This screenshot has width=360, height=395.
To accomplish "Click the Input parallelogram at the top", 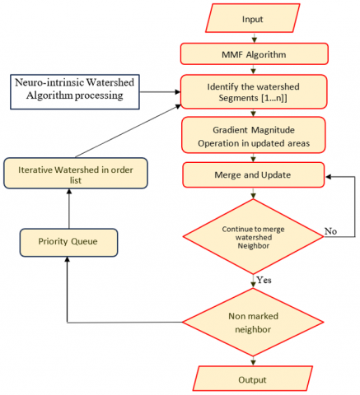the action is click(253, 18).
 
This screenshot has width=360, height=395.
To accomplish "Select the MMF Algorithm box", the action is click(254, 54).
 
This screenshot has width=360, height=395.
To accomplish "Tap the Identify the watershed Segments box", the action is click(254, 92).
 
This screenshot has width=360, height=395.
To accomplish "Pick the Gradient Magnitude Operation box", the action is click(254, 135).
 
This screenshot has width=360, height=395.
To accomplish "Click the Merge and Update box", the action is click(253, 175).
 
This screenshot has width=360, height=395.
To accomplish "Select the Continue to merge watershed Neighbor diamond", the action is click(253, 236).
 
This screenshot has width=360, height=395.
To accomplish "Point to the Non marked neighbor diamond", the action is click(253, 323).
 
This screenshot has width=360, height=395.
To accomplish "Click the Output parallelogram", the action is click(252, 379).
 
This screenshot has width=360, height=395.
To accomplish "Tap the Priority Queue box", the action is click(68, 243).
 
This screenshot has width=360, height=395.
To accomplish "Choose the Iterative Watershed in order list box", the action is click(76, 173).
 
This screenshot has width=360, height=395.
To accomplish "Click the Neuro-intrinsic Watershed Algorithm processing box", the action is click(75, 92).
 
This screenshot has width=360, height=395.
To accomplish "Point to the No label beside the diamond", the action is click(330, 231).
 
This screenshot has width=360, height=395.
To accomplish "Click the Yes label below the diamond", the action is click(264, 280).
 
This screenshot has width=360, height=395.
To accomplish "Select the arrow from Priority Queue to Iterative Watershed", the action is click(69, 208).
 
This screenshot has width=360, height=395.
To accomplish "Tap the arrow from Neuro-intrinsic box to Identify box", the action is click(160, 92).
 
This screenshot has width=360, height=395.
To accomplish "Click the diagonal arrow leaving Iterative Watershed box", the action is click(128, 131).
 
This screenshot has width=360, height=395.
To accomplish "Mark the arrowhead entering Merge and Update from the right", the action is click(328, 177).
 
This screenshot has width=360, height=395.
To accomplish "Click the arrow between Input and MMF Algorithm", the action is click(254, 38).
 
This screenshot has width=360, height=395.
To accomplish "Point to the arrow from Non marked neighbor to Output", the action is click(253, 361).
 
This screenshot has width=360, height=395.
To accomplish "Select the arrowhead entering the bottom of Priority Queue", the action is click(68, 259).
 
